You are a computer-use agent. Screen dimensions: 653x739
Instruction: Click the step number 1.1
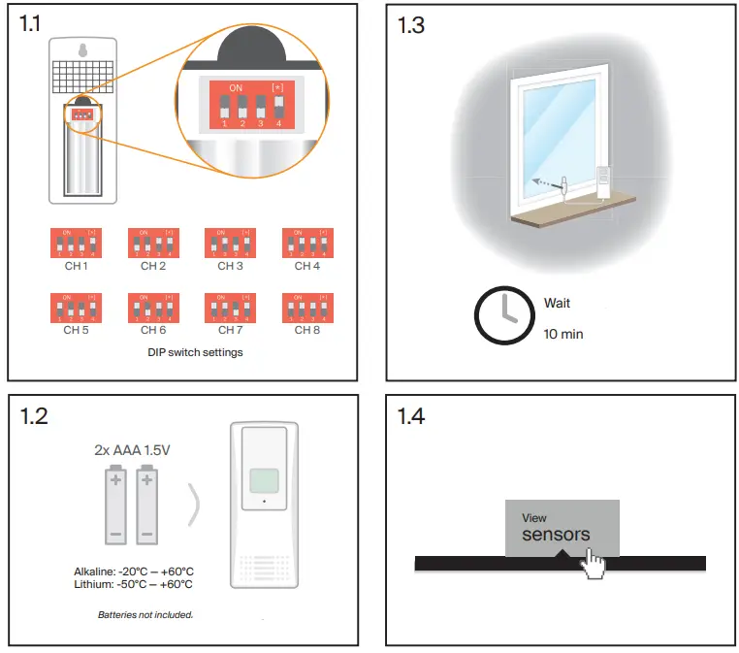(x=32, y=25)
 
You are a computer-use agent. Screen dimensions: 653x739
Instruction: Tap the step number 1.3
(x=411, y=25)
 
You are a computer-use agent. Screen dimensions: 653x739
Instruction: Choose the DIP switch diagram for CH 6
(x=152, y=308)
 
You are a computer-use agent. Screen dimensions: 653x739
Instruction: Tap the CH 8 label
(x=306, y=330)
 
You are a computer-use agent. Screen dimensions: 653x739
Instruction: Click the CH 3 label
(x=230, y=266)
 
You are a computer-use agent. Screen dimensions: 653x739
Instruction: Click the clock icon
(x=502, y=317)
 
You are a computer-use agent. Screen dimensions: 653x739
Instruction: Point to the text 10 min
(x=563, y=335)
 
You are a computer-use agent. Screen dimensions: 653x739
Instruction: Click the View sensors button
(x=561, y=528)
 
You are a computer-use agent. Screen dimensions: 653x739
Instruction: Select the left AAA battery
(x=115, y=505)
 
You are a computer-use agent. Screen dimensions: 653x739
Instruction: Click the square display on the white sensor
(x=264, y=481)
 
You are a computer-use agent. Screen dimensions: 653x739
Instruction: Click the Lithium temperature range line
(x=133, y=584)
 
